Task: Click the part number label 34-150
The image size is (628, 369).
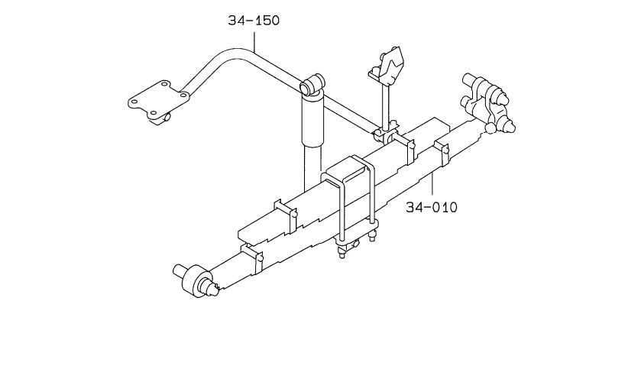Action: [254, 20]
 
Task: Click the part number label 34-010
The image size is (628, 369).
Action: [432, 207]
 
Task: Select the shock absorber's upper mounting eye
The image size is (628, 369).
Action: [312, 84]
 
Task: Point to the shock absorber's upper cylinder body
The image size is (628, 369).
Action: [312, 119]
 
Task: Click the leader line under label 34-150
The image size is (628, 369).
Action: [254, 41]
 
